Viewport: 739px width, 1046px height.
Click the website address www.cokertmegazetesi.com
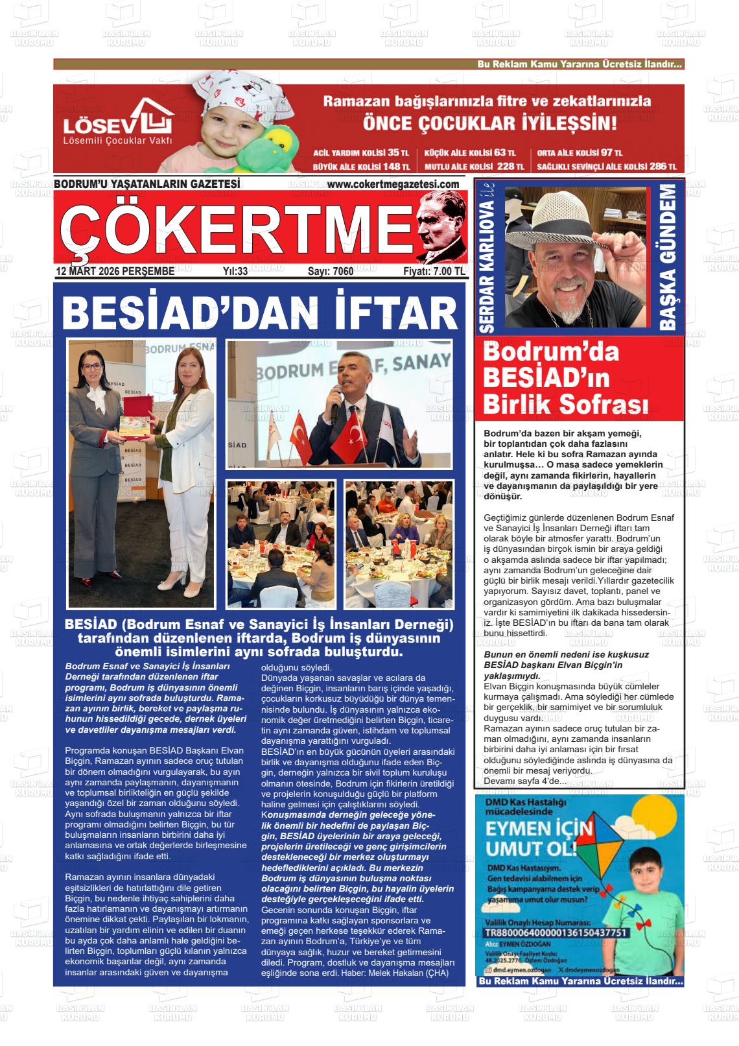pyautogui.click(x=392, y=185)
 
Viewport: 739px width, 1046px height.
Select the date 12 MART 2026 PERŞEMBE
pyautogui.click(x=115, y=272)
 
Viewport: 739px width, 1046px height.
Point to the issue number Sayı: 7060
pyautogui.click(x=331, y=272)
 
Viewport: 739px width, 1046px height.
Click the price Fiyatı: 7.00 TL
pyautogui.click(x=434, y=272)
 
